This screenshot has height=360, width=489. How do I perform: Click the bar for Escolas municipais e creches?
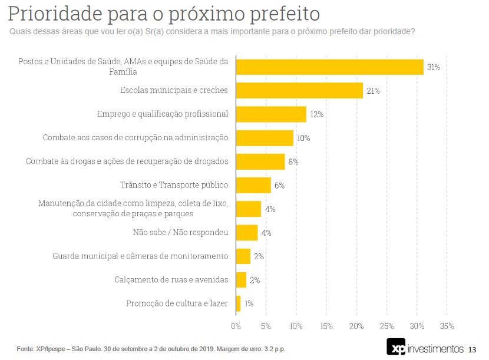299,90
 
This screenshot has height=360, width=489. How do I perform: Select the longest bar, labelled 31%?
330,67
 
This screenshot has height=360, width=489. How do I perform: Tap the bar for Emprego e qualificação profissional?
271,114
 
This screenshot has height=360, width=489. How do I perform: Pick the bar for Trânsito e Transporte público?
253,185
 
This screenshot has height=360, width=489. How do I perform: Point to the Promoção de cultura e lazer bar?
239,303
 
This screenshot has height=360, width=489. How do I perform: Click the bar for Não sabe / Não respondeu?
247,233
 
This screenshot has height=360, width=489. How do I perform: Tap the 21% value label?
373,91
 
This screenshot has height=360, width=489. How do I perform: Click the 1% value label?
249,303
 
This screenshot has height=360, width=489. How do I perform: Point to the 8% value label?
293,161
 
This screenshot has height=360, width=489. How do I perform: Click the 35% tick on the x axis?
447,326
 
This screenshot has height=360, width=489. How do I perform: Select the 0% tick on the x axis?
236,326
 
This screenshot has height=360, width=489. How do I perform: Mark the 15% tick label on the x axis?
326,326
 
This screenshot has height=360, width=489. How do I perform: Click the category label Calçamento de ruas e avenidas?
171,280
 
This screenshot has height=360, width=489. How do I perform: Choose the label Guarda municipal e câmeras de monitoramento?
140,256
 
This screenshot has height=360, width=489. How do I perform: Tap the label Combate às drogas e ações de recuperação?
127,161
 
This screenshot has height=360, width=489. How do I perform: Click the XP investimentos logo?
424,348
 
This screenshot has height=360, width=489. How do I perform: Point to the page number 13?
471,349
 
